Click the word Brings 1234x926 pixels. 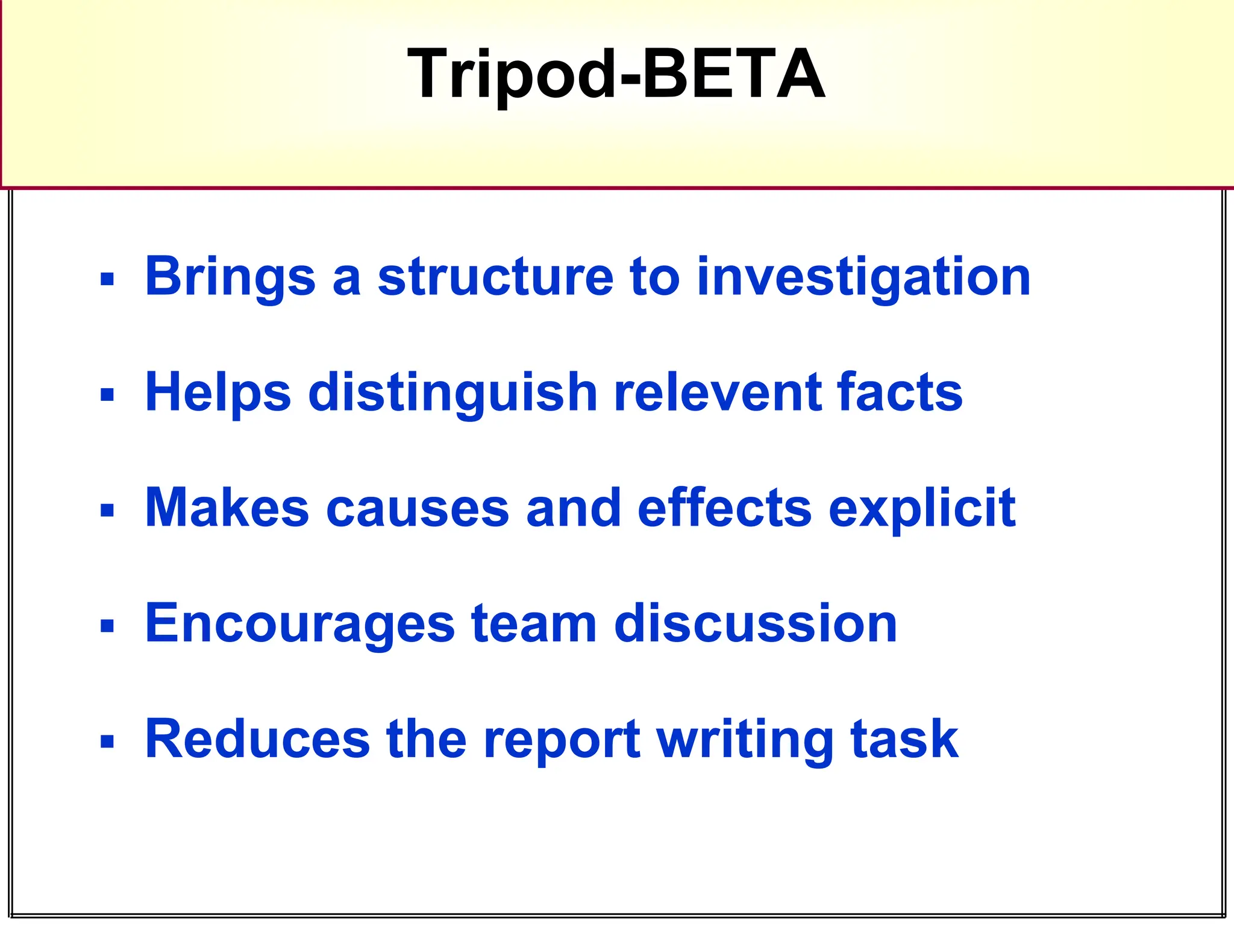(230, 277)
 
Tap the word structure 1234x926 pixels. (495, 277)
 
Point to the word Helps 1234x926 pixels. (218, 393)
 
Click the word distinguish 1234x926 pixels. (453, 393)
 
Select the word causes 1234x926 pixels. (418, 509)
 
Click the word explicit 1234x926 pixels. (922, 509)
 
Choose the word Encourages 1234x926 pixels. (300, 625)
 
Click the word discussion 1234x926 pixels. (756, 623)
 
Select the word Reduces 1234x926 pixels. (258, 739)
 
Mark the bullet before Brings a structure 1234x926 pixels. (107, 280)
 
